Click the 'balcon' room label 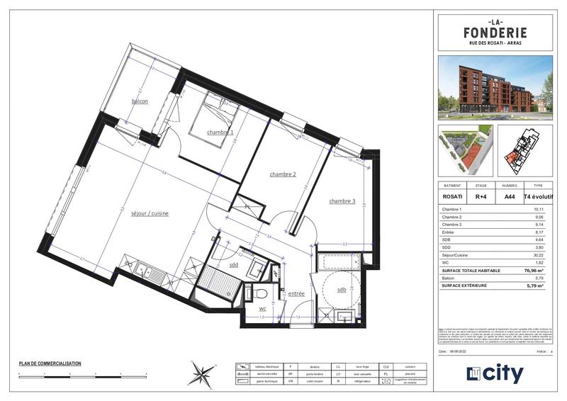tap(140, 101)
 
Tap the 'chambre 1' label tap(220, 132)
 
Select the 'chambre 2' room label tap(282, 174)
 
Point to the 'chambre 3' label tap(342, 201)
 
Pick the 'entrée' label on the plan tap(296, 293)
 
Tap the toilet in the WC tap(259, 293)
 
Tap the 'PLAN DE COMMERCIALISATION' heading tap(50, 363)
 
